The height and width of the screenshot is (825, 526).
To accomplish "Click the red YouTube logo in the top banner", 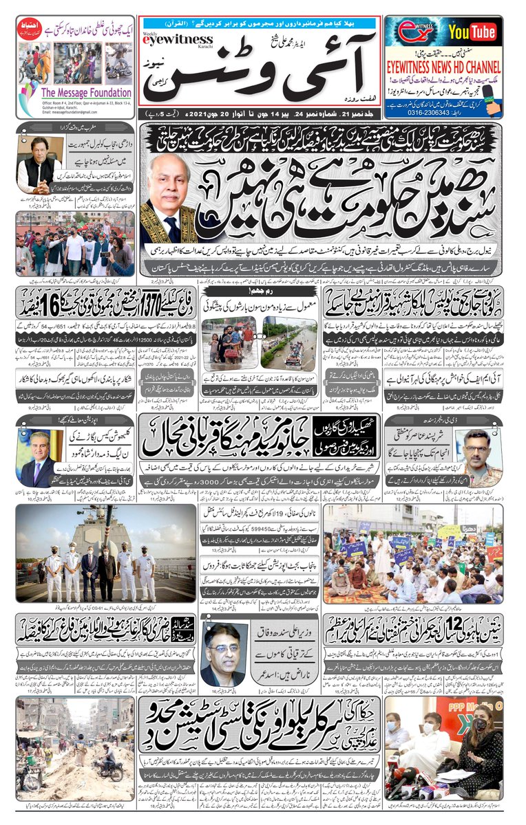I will point(472,32).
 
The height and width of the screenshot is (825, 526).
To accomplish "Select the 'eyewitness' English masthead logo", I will point(166,41).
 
